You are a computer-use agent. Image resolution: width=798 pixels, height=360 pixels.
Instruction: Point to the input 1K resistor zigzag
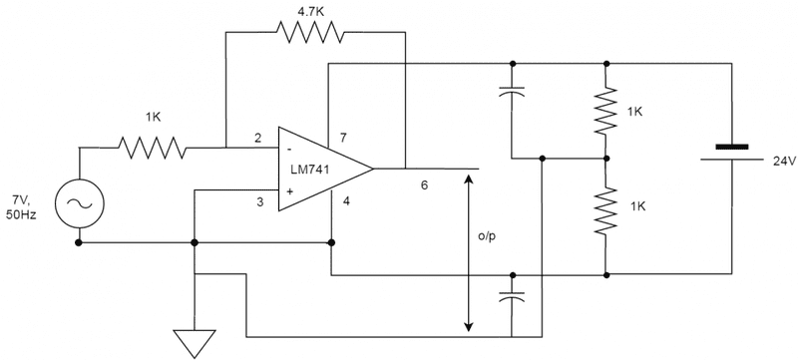[153, 148]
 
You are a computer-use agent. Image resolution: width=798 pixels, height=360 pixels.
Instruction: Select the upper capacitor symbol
[512, 93]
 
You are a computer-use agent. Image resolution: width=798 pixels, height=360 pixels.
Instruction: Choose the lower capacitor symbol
[512, 296]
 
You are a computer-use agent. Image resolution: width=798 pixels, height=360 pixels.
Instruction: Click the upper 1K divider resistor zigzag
[605, 112]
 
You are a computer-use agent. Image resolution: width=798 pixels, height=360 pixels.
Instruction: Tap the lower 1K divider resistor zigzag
[605, 210]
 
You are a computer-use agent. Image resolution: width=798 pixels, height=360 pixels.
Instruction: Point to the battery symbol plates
[732, 151]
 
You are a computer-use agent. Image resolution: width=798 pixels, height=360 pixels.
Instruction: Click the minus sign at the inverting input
[289, 148]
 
